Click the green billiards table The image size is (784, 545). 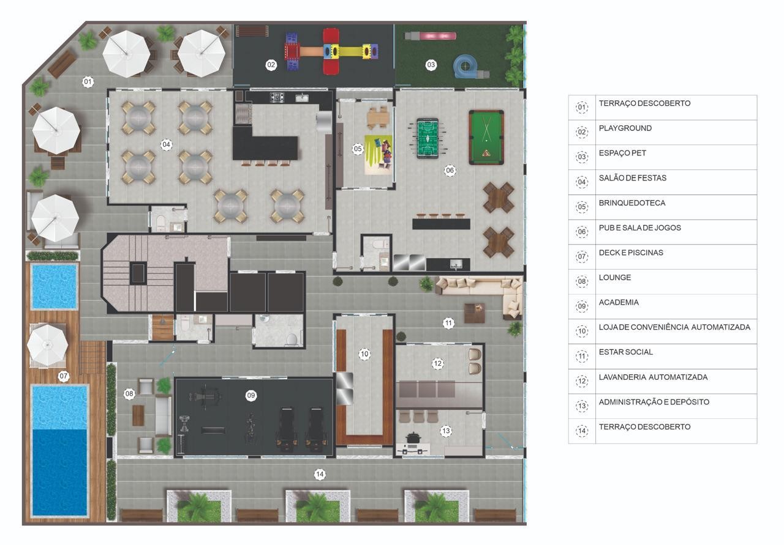[x=486, y=138]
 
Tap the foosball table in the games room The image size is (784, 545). [x=428, y=138]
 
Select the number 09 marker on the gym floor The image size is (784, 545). [x=251, y=395]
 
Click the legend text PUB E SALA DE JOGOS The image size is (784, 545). [x=640, y=228]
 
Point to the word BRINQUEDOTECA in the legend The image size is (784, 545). [x=632, y=203]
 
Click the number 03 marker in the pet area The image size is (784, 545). [x=431, y=65]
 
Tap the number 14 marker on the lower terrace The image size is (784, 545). [x=320, y=475]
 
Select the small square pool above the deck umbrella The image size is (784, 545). [x=55, y=287]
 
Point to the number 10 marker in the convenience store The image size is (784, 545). [x=364, y=354]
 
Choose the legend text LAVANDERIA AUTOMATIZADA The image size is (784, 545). [x=653, y=377]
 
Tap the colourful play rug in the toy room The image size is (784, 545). [x=379, y=155]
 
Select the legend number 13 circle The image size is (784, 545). [x=582, y=406]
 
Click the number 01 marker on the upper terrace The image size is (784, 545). [x=88, y=82]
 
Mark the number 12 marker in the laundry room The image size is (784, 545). [x=437, y=363]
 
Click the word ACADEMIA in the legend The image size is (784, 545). [x=619, y=302]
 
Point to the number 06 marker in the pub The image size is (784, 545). [x=450, y=171]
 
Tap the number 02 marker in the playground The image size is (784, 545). [x=271, y=65]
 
